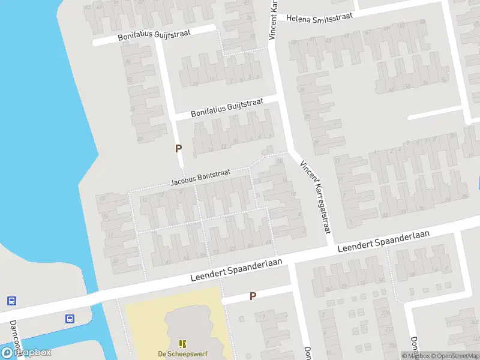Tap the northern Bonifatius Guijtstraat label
pyautogui.click(x=154, y=35)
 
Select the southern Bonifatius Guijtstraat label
pyautogui.click(x=227, y=109)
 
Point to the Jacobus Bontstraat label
pyautogui.click(x=200, y=177)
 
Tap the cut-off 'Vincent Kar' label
pyautogui.click(x=273, y=20)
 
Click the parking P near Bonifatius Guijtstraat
pyautogui.click(x=178, y=148)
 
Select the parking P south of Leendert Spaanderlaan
pyautogui.click(x=253, y=296)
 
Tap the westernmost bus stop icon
pyautogui.click(x=11, y=301)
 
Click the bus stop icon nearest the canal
pyautogui.click(x=70, y=319)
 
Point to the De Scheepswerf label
pyautogui.click(x=182, y=354)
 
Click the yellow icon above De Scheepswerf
pyautogui.click(x=182, y=343)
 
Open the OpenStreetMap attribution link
pyautogui.click(x=455, y=356)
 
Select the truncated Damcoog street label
pyautogui.click(x=16, y=336)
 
